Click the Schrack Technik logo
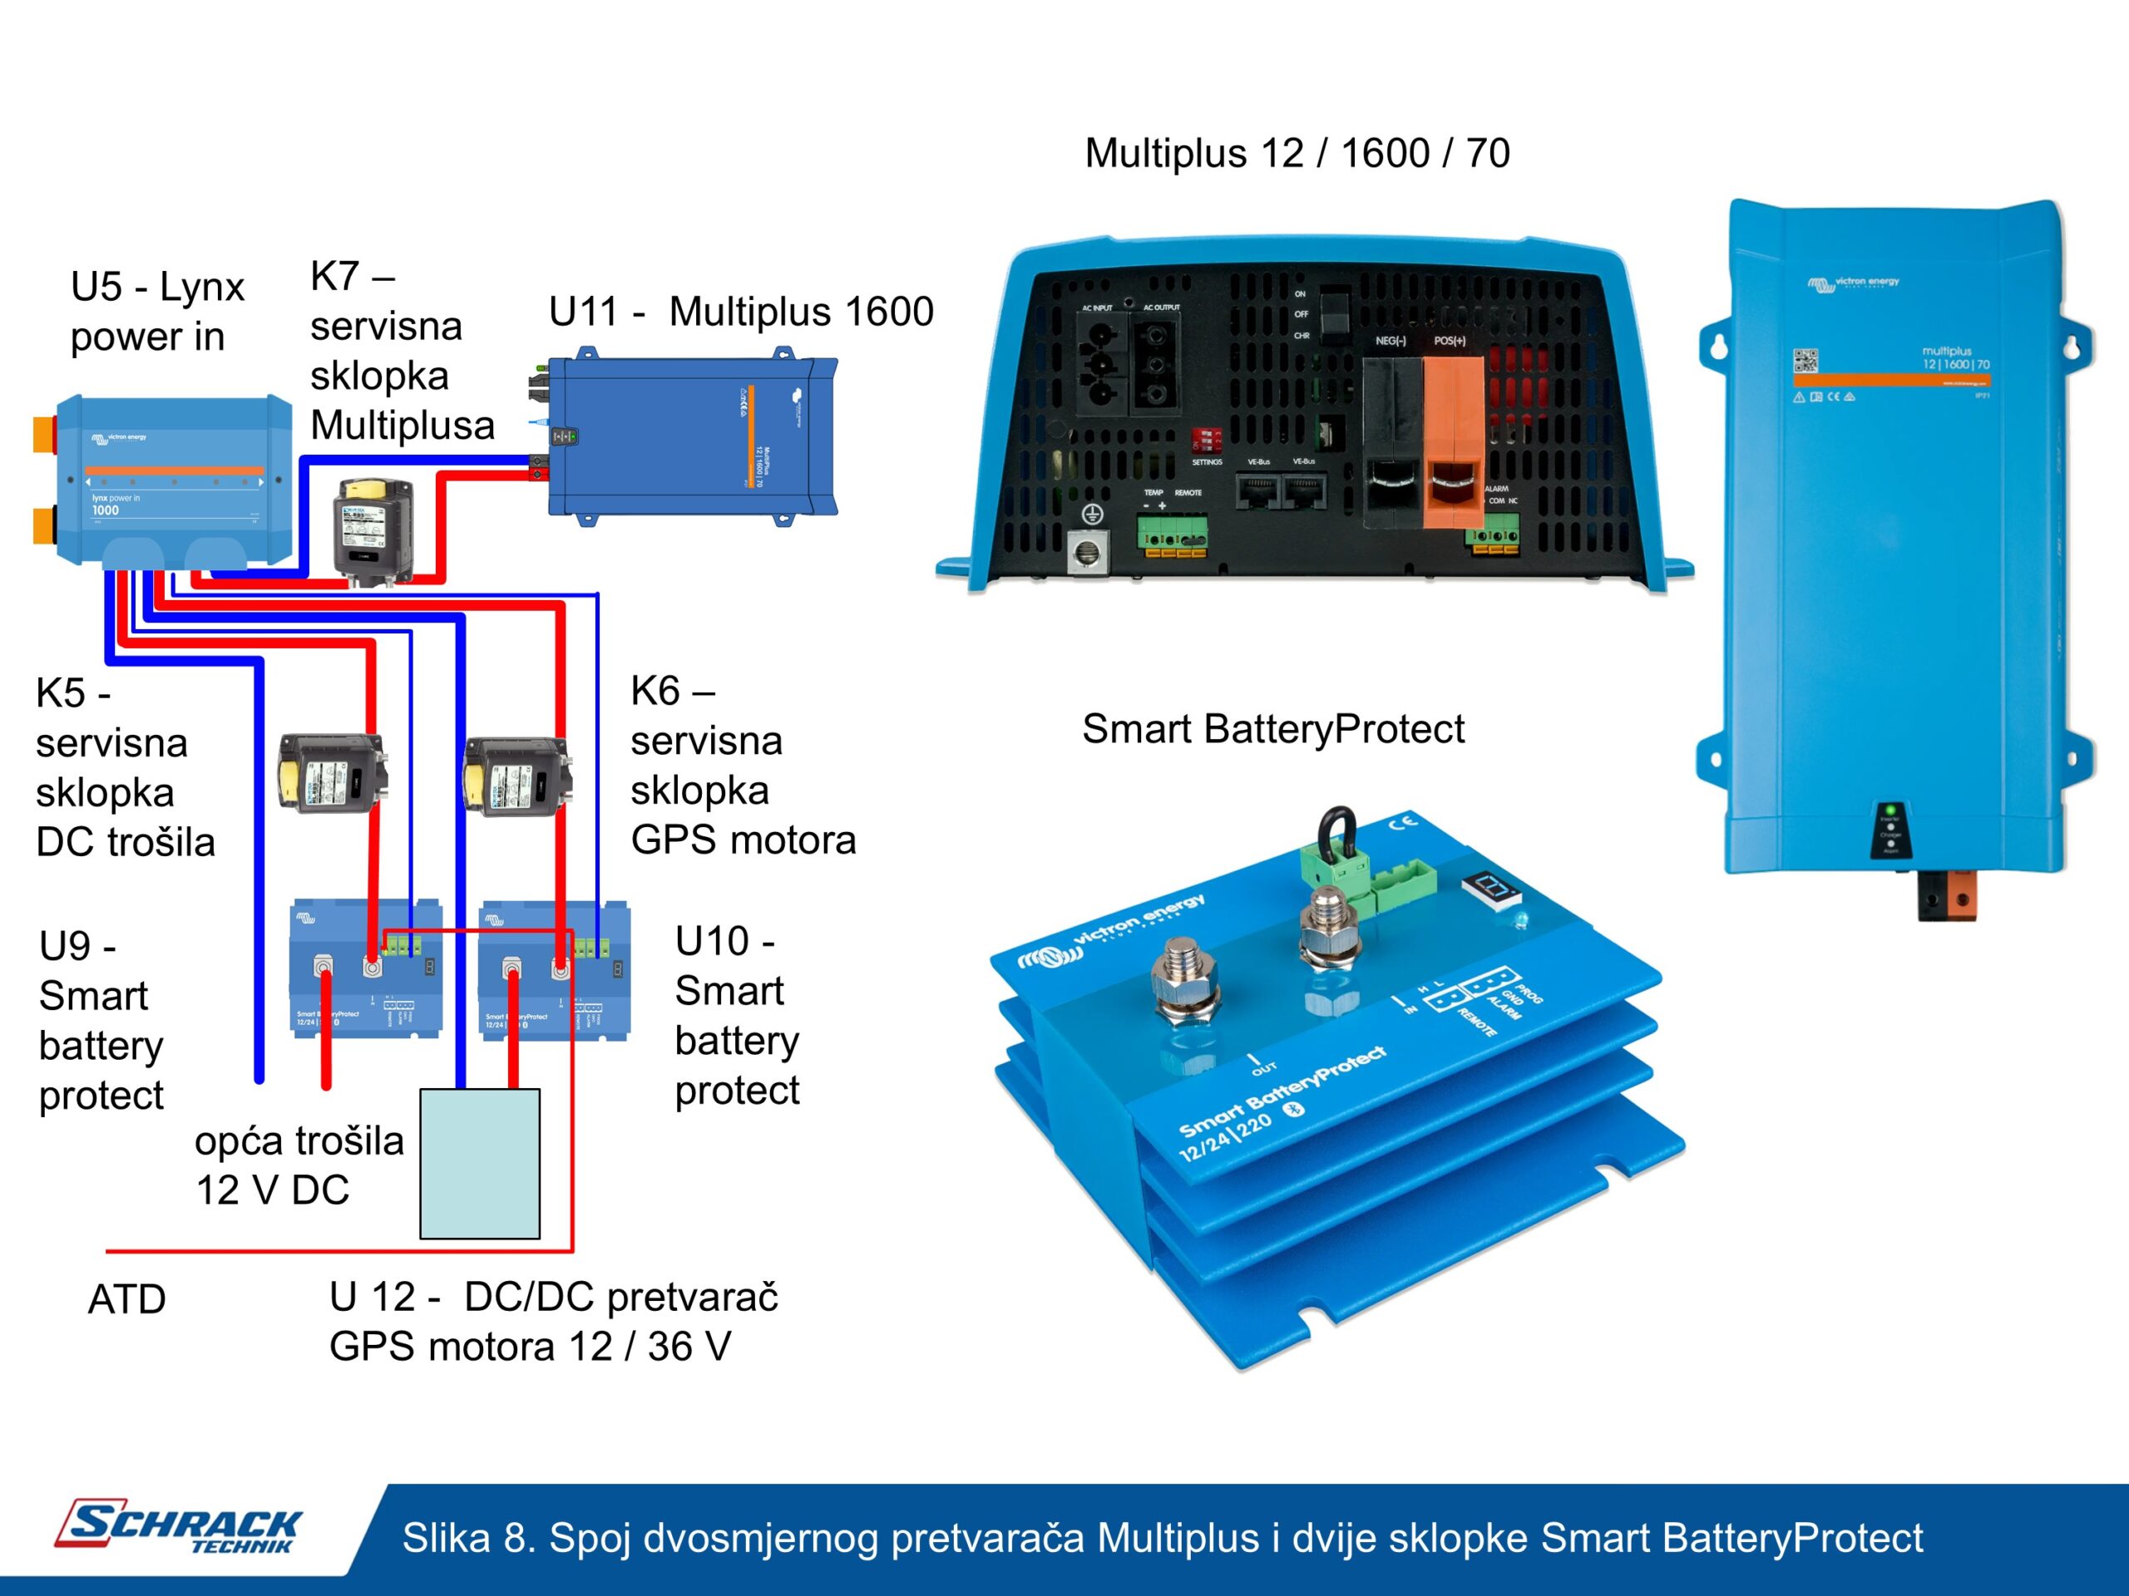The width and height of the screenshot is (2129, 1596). click(179, 1526)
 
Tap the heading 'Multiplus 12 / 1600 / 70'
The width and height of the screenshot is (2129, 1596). click(1297, 154)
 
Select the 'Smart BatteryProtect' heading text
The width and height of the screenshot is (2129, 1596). click(1272, 729)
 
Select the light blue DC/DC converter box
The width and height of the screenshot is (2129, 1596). click(479, 1163)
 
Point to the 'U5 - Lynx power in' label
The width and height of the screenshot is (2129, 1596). click(157, 312)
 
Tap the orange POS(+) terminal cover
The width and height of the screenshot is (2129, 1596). click(1452, 442)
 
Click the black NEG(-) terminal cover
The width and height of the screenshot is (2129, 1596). click(1391, 442)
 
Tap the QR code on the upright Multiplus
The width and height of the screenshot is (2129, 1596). click(1805, 361)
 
